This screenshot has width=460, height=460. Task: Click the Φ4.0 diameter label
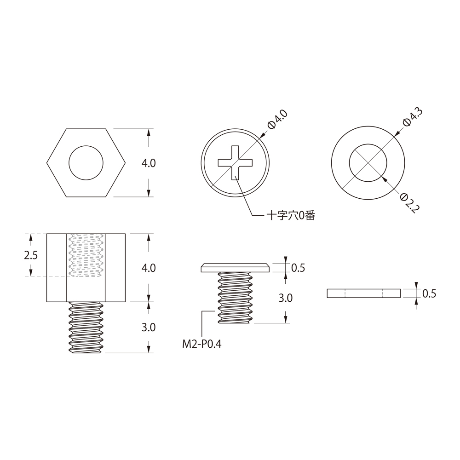click(278, 119)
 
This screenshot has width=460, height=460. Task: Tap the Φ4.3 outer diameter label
click(413, 117)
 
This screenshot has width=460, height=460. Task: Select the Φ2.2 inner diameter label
click(410, 203)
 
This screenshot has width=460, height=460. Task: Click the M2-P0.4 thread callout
click(202, 344)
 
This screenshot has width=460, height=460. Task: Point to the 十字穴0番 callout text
click(291, 216)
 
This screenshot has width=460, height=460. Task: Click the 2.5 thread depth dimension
click(31, 255)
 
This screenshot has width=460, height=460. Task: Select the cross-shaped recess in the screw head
click(235, 163)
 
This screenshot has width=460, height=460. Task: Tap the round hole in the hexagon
click(86, 163)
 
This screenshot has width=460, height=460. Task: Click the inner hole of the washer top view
click(368, 163)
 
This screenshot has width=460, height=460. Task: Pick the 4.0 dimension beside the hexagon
click(149, 163)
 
